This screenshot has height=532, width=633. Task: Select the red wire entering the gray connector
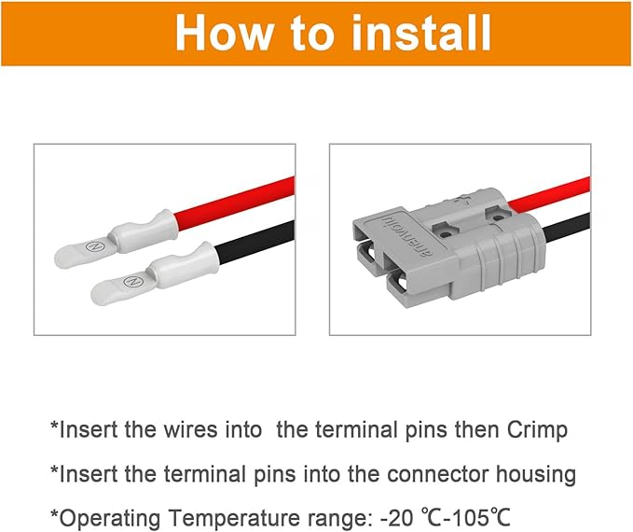point(556,191)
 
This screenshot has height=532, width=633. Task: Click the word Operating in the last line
point(100,517)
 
